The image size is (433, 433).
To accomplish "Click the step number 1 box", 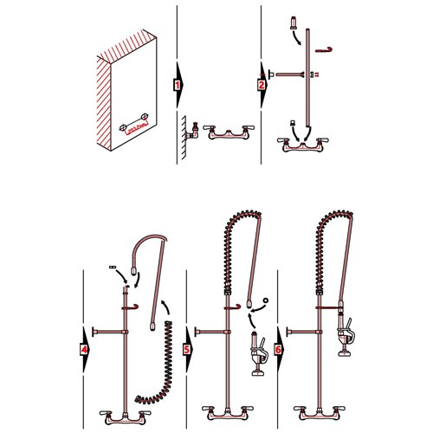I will (177, 86).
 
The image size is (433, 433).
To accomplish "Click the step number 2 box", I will (262, 86).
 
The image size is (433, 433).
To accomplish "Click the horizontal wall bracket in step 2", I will (286, 75).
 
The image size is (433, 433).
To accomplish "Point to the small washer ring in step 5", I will (264, 301).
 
